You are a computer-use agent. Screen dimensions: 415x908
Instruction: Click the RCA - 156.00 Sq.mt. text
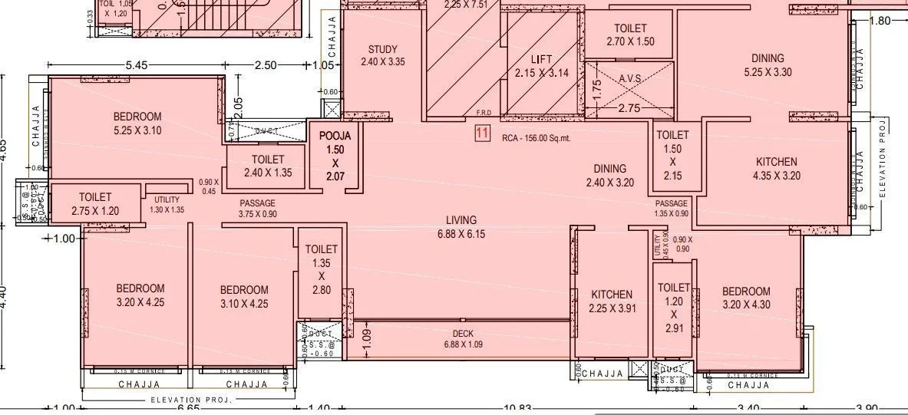(x=537, y=139)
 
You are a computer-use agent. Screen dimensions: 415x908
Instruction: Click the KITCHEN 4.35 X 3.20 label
(x=776, y=168)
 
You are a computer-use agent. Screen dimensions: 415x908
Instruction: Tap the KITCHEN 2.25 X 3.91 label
(x=611, y=301)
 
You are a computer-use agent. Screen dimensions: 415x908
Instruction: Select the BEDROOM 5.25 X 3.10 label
(x=137, y=124)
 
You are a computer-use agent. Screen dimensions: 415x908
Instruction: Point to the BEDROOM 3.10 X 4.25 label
(x=244, y=296)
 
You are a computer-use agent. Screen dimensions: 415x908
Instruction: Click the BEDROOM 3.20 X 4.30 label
(x=745, y=298)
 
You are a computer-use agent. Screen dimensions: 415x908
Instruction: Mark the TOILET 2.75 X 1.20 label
(x=94, y=204)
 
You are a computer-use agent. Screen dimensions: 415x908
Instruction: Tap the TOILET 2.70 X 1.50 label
(x=629, y=35)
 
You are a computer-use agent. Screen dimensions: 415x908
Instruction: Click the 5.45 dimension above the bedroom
(x=136, y=65)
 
